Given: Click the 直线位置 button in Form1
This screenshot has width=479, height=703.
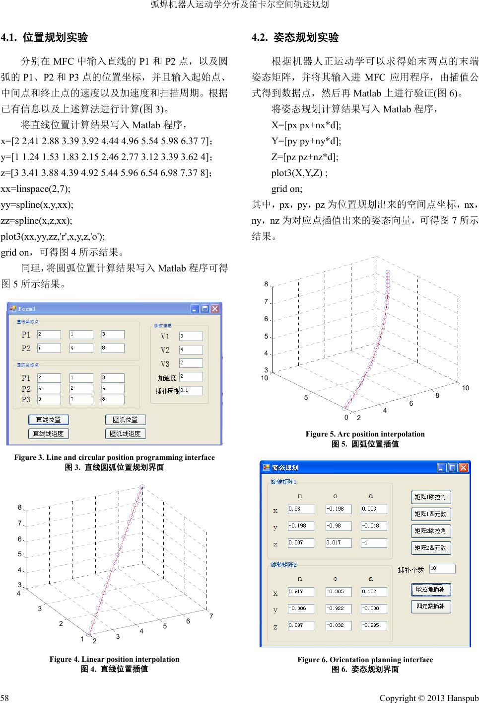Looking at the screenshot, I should (x=48, y=420).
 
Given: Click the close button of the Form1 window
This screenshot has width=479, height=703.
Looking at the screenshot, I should (x=214, y=309).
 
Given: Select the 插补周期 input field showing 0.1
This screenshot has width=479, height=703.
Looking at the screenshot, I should (x=191, y=390).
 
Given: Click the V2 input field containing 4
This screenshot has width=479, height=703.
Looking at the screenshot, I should (x=191, y=350).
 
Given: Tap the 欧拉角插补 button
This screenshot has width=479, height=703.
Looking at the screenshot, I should (x=430, y=590).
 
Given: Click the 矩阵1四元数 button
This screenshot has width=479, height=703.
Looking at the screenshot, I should (x=430, y=514).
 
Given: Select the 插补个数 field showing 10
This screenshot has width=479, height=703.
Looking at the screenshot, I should (x=442, y=568).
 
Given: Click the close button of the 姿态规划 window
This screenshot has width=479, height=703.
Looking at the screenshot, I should (x=463, y=467).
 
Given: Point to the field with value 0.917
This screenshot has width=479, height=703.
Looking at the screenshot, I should (x=301, y=592).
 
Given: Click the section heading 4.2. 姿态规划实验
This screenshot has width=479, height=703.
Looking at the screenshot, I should (x=295, y=37).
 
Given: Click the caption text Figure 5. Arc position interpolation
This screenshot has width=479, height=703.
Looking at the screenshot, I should (x=365, y=434).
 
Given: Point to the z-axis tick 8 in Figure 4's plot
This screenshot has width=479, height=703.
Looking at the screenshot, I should (x=20, y=508).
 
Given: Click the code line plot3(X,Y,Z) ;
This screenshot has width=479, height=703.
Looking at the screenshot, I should (x=299, y=173).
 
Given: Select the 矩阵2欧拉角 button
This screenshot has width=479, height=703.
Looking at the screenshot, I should (x=430, y=530).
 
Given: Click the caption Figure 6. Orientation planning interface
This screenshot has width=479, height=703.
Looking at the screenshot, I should (x=365, y=660).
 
